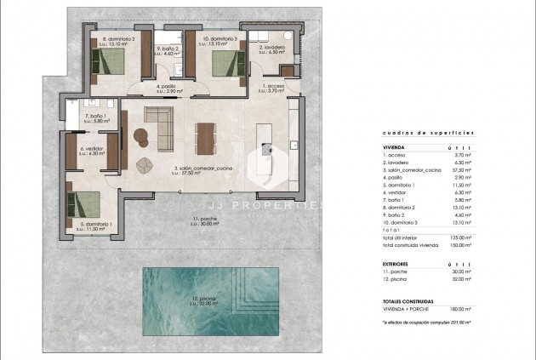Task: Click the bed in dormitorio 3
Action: (x=223, y=62)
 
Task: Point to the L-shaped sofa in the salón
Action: (x=157, y=125)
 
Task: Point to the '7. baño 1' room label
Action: (x=93, y=116)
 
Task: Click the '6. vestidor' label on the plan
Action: (x=92, y=148)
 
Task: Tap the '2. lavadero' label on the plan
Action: (x=272, y=48)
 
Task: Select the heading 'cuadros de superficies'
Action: (x=417, y=134)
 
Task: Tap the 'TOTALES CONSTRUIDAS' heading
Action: (x=410, y=302)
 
